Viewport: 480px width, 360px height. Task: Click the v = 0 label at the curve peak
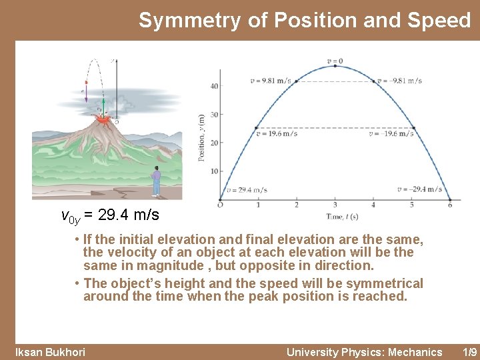[x=335, y=61]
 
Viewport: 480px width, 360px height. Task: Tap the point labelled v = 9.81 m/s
[x=295, y=81]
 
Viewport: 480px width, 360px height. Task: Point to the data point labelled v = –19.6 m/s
[x=414, y=127]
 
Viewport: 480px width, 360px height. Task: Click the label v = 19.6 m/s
[x=276, y=133]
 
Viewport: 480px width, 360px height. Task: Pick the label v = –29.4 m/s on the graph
[x=419, y=189]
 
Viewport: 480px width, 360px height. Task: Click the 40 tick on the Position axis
[x=214, y=86]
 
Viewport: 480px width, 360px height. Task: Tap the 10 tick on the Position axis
[x=214, y=171]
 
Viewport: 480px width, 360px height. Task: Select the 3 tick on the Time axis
[x=335, y=205]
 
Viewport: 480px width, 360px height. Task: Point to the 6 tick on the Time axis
[x=450, y=205]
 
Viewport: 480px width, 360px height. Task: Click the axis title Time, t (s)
[x=342, y=217]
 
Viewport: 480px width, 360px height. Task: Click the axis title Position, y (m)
[x=201, y=136]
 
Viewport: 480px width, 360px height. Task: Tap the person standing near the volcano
[x=156, y=181]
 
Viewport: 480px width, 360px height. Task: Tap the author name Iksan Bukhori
[x=50, y=352]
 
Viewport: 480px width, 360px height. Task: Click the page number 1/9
[x=469, y=352]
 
